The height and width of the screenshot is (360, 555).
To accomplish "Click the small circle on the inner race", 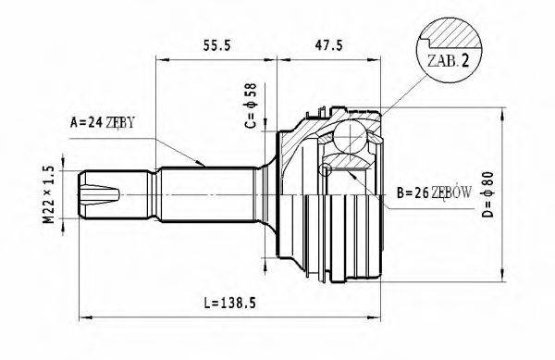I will (325, 170).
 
